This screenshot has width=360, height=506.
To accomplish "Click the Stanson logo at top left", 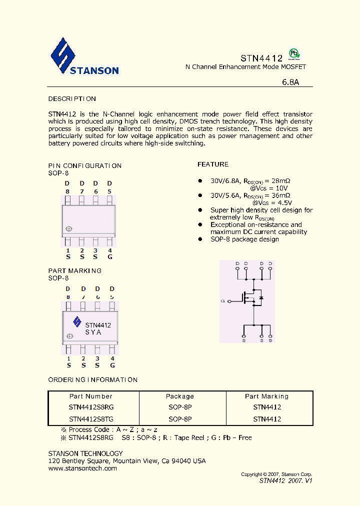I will point(84,57).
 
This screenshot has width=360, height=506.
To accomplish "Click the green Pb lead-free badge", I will point(295,54).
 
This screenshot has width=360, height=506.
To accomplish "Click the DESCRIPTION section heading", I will point(72,99).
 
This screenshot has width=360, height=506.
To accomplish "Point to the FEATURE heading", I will point(213,164).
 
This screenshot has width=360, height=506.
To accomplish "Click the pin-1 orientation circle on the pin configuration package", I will point(68,229).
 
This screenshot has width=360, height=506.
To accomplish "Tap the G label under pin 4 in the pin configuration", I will point(110,256).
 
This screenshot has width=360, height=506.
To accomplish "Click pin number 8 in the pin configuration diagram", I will point(67,191).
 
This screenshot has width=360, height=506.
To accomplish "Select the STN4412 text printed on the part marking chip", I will point(98,325).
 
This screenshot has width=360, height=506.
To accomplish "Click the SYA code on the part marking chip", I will point(93,332).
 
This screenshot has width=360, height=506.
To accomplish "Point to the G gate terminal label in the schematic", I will point(222,301).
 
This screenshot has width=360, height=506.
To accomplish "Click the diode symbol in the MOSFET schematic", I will point(260,298).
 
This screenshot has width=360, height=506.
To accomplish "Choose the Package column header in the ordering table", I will point(180,396).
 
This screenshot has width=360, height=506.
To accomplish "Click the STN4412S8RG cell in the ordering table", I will point(91,407).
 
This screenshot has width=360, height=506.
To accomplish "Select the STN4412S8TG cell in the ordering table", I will point(91,419).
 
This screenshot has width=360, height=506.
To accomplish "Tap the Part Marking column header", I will point(266,396).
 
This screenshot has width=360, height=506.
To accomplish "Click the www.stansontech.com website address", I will point(82,468).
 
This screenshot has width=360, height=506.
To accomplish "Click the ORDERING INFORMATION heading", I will point(92,380).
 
